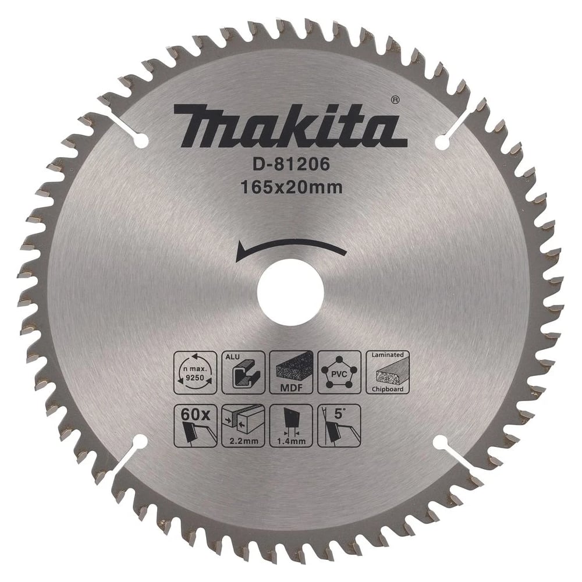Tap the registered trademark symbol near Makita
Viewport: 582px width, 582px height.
point(395,100)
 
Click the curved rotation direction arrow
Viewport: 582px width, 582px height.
point(291,250)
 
